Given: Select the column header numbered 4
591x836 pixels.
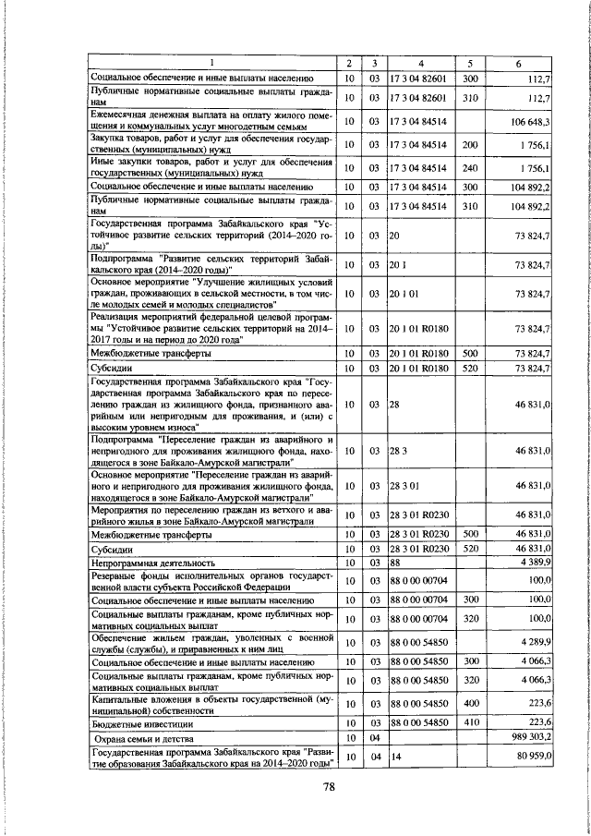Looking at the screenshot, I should pyautogui.click(x=420, y=63).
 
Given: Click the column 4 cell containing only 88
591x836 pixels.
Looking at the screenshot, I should pyautogui.click(x=394, y=561).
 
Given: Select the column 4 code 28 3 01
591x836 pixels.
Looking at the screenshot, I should pyautogui.click(x=405, y=484).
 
